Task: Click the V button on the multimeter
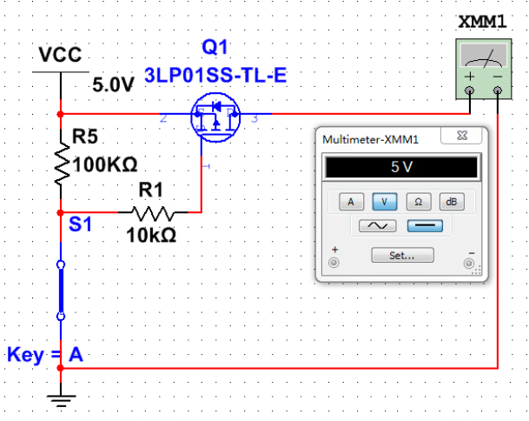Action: click(x=384, y=201)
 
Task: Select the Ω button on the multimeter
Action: click(x=417, y=201)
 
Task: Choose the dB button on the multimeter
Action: click(x=450, y=201)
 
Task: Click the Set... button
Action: click(x=400, y=255)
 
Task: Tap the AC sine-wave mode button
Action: click(x=372, y=226)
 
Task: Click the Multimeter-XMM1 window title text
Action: click(x=370, y=139)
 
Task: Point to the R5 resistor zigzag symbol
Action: click(x=61, y=164)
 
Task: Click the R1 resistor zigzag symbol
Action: click(x=153, y=212)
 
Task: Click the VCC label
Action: click(x=60, y=57)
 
